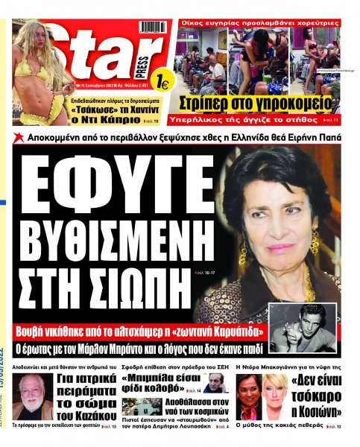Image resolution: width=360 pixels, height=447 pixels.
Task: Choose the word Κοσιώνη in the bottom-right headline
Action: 318,411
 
